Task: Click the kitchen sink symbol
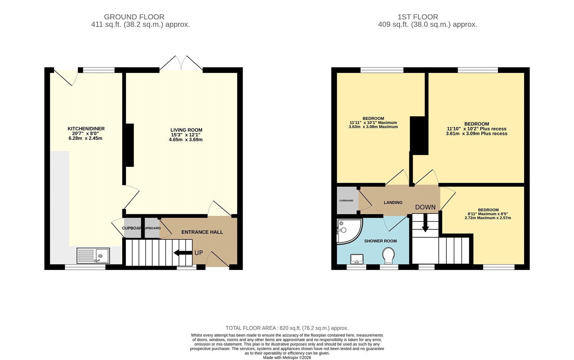tap(93, 256)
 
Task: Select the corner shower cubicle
tap(348, 230)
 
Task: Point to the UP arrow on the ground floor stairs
tap(183, 253)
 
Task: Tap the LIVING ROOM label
tap(186, 130)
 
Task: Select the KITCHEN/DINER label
tap(86, 128)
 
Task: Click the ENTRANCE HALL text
tap(202, 232)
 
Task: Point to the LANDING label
tap(393, 202)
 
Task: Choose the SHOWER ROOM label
tap(380, 241)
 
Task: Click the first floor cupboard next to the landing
tap(347, 200)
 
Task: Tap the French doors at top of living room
tap(181, 64)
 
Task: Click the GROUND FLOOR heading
tap(134, 17)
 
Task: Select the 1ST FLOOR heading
tap(418, 17)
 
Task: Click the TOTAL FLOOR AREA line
tap(287, 328)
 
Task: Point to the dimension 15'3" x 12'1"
tap(185, 135)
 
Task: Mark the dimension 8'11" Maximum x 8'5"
tap(488, 214)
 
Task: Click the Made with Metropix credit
tap(287, 357)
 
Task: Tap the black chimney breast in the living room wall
tap(129, 145)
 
